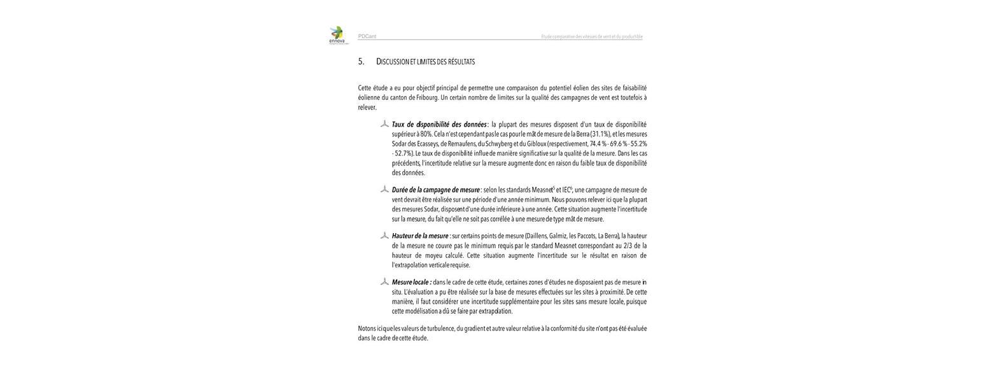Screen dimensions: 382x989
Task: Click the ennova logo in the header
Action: click(337, 35)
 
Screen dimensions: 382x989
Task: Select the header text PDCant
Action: click(367, 37)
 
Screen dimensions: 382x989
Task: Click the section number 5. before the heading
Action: click(361, 62)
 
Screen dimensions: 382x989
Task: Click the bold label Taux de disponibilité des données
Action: click(439, 125)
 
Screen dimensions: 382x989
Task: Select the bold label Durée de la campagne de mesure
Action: click(436, 190)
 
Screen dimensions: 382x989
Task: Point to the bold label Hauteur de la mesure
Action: click(420, 236)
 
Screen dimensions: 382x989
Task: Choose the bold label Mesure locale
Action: click(411, 283)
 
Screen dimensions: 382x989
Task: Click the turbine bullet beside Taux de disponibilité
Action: click(384, 124)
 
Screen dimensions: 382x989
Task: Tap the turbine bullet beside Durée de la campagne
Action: click(384, 190)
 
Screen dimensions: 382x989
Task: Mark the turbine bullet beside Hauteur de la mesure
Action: click(384, 236)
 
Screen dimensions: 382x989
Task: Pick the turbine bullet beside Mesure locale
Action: click(384, 282)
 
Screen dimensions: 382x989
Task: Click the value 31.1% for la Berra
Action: click(600, 134)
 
